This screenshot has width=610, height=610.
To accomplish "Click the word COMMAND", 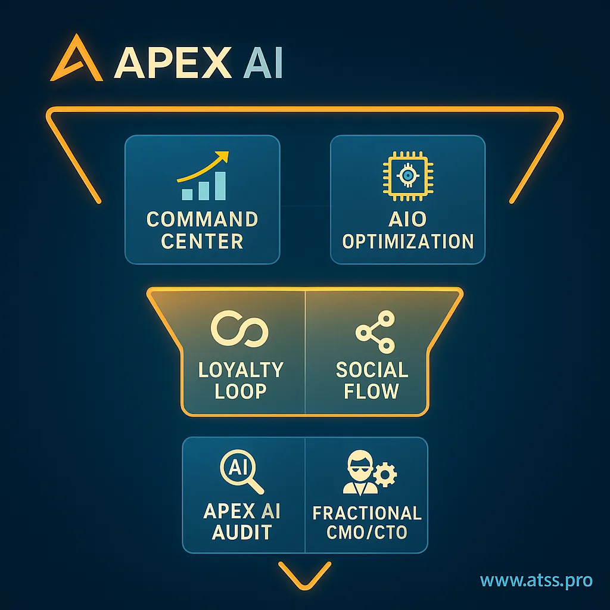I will click(202, 219).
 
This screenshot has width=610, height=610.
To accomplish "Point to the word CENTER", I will click(202, 242).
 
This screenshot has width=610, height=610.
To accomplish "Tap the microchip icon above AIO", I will click(407, 175).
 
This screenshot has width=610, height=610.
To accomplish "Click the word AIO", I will click(407, 219).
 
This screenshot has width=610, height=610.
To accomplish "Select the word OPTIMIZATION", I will click(408, 242).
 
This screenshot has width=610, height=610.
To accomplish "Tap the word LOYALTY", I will click(241, 369).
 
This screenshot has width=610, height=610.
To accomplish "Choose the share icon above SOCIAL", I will click(374, 331).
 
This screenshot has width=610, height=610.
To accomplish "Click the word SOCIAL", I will click(372, 369).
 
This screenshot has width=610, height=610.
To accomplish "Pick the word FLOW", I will click(372, 391).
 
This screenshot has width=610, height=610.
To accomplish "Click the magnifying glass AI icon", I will click(241, 472).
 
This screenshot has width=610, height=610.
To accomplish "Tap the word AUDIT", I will click(241, 532).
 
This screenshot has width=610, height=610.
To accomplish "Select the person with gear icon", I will click(369, 474).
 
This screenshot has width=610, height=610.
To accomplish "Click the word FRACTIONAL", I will click(367, 513).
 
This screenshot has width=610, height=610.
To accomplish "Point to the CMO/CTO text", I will click(367, 532).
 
